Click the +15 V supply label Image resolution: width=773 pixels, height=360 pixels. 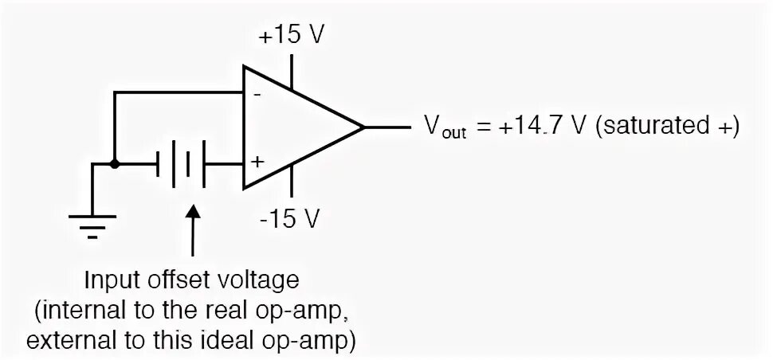[x=291, y=37]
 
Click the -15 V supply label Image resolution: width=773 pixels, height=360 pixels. [x=292, y=218]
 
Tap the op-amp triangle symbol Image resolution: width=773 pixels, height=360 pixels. [x=295, y=127]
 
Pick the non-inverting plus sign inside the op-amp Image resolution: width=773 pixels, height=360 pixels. [x=257, y=162]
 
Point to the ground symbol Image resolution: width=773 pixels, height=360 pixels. [x=93, y=219]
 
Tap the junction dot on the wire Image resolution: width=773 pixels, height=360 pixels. [x=115, y=165]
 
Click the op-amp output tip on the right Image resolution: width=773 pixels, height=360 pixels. [x=364, y=127]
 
